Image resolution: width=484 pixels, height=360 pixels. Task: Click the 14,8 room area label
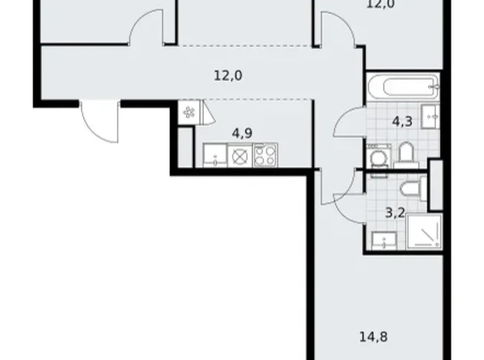(x=372, y=339)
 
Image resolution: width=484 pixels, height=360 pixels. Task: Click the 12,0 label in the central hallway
(x=228, y=76)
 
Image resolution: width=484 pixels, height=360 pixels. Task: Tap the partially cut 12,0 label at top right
(x=380, y=4)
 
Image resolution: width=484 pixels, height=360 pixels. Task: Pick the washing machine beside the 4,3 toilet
(x=377, y=156)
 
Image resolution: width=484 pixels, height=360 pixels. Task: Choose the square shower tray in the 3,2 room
(x=423, y=232)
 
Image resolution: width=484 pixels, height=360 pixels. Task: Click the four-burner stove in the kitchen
(x=265, y=155)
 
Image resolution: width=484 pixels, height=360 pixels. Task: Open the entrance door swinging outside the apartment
(x=99, y=123)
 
